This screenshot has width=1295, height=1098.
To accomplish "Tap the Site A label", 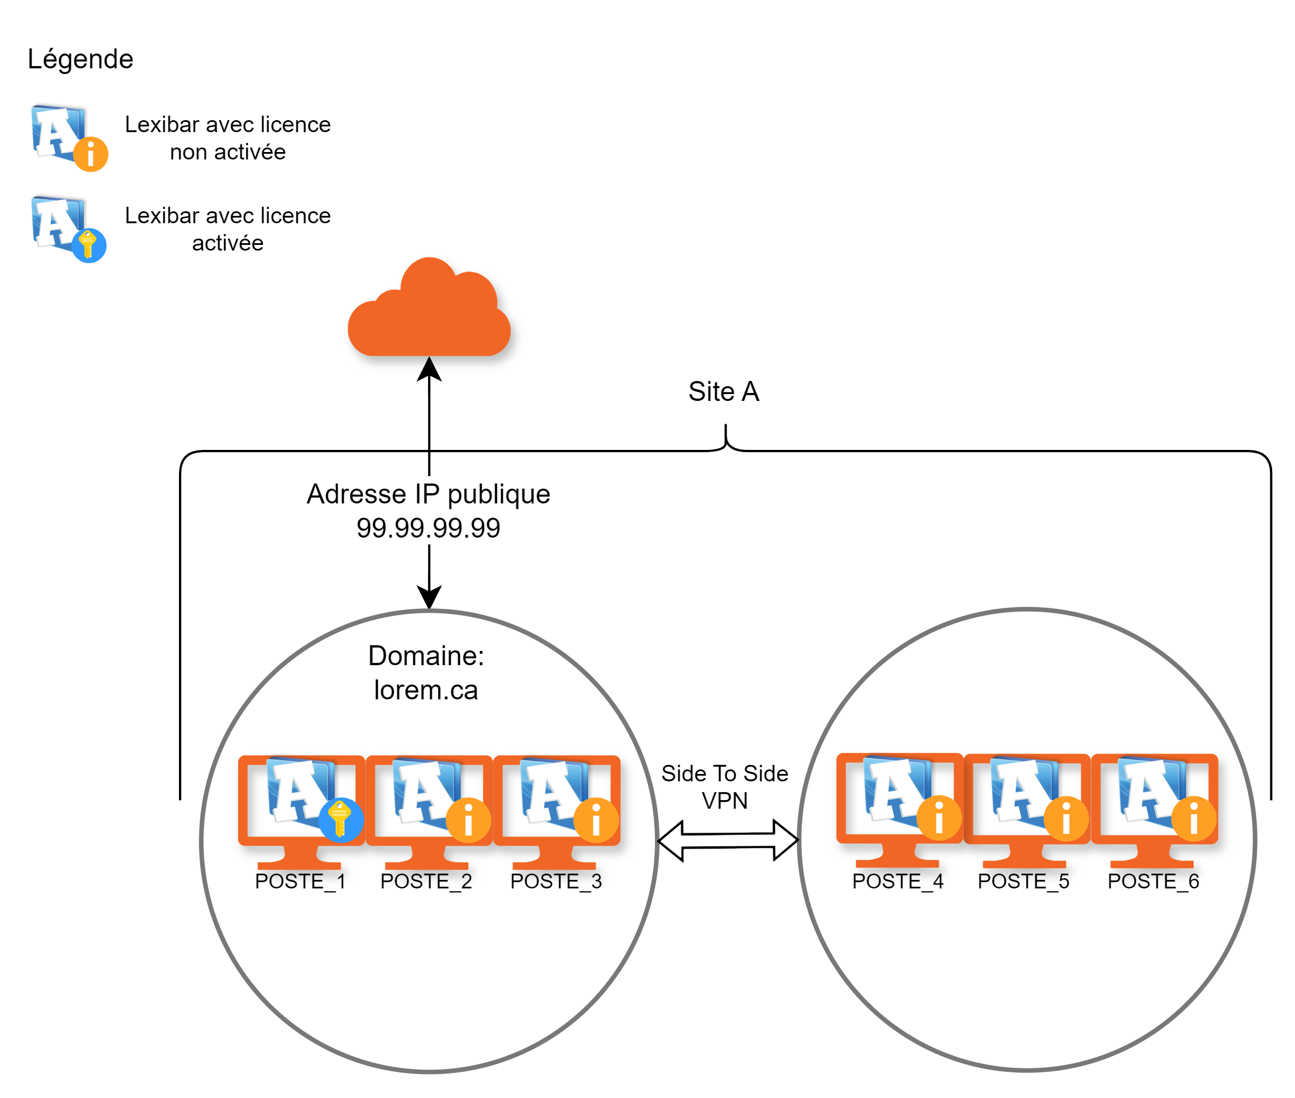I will point(724,391).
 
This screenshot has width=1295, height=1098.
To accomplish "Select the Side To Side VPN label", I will point(724,787).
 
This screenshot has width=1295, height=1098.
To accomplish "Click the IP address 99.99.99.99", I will point(429,528).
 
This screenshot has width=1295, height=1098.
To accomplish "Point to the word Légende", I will point(80,59).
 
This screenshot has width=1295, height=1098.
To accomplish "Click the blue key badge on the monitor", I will point(341,820).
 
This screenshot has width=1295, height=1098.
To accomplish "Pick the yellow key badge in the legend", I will point(88,245).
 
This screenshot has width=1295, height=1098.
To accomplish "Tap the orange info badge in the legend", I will point(91,154).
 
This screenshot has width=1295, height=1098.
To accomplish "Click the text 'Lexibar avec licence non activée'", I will point(227,138).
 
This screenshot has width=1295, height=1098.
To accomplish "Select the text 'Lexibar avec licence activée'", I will point(227,229).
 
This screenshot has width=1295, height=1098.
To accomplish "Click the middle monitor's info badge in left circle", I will point(469,820).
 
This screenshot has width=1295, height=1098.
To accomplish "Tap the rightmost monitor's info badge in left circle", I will point(596,820).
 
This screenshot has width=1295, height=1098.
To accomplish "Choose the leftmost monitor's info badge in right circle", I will point(939,818).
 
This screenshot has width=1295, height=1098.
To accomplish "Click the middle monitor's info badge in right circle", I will point(1066,818).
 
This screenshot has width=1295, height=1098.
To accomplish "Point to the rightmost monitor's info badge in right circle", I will point(1194,818).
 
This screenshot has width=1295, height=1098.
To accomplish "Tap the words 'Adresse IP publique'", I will point(429,494).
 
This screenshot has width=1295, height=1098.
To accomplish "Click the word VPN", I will point(724,801).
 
